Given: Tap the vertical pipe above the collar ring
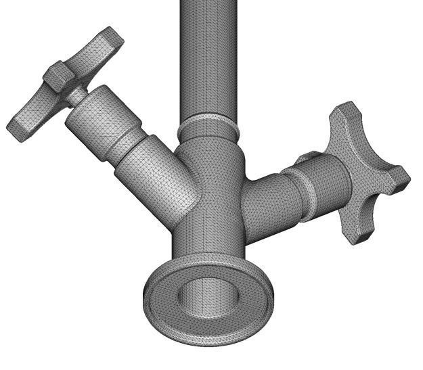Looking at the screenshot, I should coord(208,61).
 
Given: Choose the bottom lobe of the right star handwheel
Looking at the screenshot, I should coord(355,227).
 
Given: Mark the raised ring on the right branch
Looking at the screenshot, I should coord(301,192).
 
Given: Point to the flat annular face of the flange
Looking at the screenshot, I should coord(162,298).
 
